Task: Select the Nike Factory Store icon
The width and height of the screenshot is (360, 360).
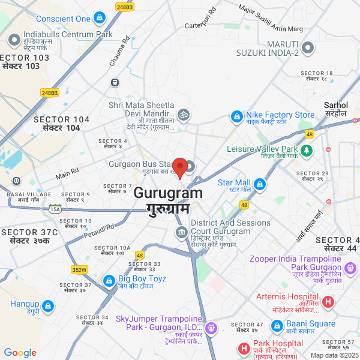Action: (238, 115)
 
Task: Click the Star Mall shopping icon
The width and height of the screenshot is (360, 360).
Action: (260, 183)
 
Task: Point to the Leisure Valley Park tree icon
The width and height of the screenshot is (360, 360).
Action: (307, 149)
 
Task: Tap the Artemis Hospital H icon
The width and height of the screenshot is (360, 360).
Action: (328, 302)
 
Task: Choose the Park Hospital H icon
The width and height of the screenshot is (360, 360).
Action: (244, 348)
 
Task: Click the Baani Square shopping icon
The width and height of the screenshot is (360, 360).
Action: (277, 325)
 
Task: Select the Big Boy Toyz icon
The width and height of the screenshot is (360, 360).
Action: (109, 280)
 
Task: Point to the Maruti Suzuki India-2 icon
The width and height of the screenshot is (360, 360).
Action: (308, 47)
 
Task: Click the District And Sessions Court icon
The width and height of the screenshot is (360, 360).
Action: (181, 232)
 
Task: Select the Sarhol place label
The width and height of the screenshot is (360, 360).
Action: (335, 109)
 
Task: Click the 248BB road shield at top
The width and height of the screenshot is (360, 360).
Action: (125, 7)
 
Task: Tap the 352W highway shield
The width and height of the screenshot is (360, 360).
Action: (80, 269)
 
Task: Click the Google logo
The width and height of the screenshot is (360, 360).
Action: (20, 353)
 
